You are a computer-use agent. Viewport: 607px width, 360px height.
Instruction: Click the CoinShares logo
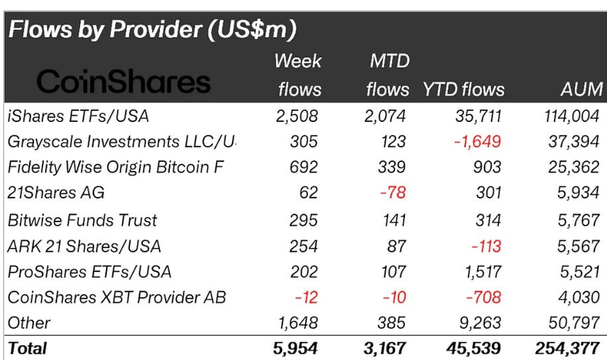tap(123, 82)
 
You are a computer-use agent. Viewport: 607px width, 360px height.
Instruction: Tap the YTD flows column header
tap(463, 89)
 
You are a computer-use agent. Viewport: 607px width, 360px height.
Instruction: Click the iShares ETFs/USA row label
tap(78, 116)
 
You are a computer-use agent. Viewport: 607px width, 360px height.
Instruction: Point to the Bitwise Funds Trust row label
tap(82, 219)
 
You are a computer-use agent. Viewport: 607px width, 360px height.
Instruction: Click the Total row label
tap(28, 347)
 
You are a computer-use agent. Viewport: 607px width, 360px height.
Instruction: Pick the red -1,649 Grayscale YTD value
tap(477, 142)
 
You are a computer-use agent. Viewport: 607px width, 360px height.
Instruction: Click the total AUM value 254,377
tap(568, 347)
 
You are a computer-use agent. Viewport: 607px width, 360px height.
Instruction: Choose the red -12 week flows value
tap(306, 297)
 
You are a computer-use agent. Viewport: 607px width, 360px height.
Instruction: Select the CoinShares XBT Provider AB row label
tap(116, 297)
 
